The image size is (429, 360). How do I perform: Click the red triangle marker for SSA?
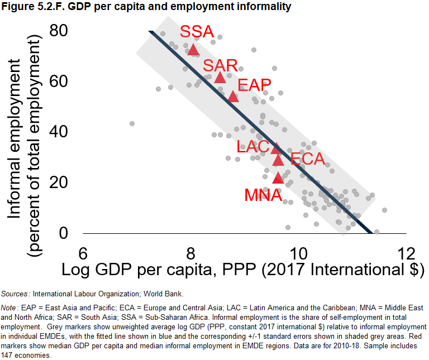pyautogui.click(x=193, y=50)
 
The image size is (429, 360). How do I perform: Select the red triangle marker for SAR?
pyautogui.click(x=220, y=77)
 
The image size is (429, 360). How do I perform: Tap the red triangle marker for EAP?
pyautogui.click(x=233, y=96)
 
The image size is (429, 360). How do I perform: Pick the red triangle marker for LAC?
pyautogui.click(x=275, y=148)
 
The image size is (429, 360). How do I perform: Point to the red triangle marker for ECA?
pyautogui.click(x=278, y=160)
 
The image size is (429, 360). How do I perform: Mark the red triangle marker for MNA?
pyautogui.click(x=278, y=178)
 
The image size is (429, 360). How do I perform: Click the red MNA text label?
pyautogui.click(x=263, y=195)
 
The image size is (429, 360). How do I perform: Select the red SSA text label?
pyautogui.click(x=197, y=32)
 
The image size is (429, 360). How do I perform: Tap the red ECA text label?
pyautogui.click(x=307, y=159)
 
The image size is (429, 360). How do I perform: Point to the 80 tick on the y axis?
pyautogui.click(x=59, y=30)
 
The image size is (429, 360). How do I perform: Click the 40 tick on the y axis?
pyautogui.click(x=59, y=132)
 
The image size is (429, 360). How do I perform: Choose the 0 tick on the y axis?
pyautogui.click(x=64, y=233)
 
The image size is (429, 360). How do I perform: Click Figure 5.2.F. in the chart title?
pyautogui.click(x=27, y=7)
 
